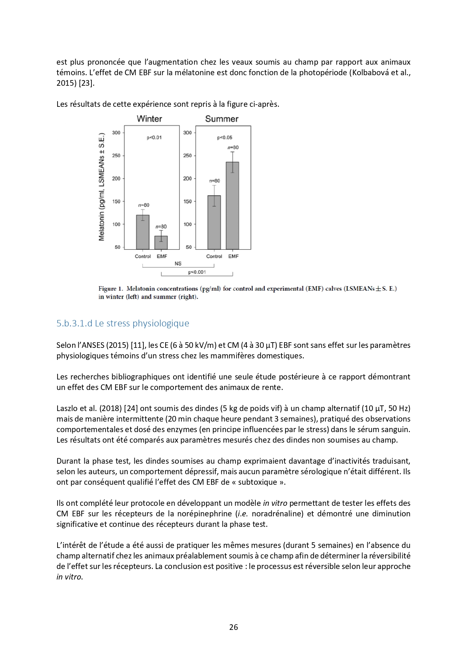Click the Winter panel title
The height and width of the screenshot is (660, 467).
tap(149, 119)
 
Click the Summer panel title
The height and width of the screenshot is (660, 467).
tap(222, 119)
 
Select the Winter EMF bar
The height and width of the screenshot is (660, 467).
tap(161, 243)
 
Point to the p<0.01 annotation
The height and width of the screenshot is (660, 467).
tap(154, 138)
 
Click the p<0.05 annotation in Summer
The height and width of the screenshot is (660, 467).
tap(225, 138)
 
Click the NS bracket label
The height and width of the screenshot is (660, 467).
tap(178, 264)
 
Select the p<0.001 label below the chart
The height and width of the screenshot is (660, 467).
tap(197, 272)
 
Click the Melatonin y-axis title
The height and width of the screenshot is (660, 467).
tap(102, 187)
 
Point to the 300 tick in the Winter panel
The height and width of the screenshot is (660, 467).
tap(116, 133)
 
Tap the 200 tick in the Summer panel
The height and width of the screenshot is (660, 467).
tap(187, 179)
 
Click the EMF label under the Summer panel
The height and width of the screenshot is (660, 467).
tap(233, 256)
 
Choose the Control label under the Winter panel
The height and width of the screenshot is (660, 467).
tap(143, 256)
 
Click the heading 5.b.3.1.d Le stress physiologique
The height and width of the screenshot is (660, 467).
tap(123, 323)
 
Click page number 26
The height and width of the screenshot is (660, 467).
tap(233, 627)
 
